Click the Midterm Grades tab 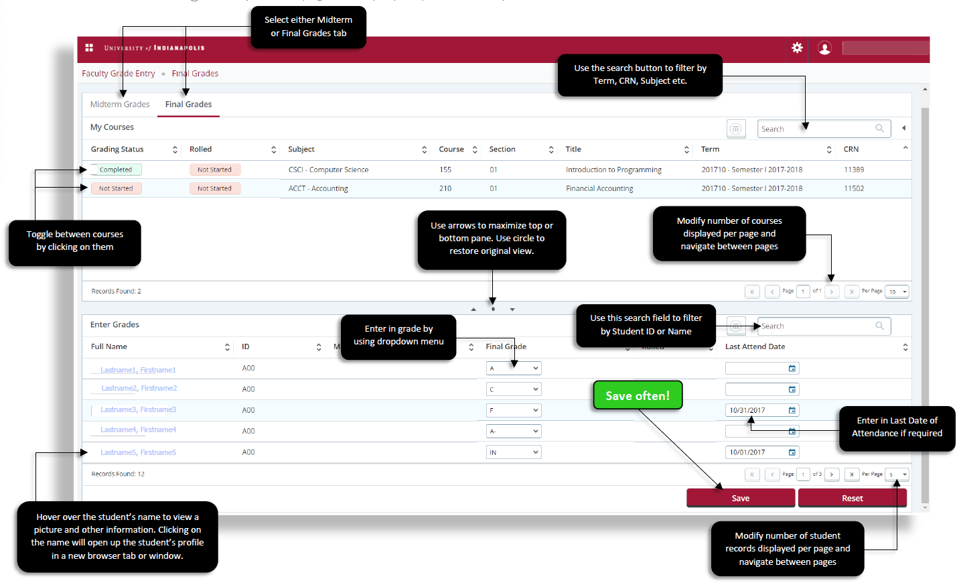point(120,105)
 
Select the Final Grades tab point(188,105)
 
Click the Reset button point(852,498)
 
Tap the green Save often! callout point(637,395)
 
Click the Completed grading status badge point(115,170)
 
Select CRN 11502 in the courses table point(854,188)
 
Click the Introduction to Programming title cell point(613,170)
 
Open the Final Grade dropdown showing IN point(513,452)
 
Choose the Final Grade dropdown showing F point(513,410)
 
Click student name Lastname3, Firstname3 point(138,409)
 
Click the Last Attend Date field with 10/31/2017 point(757,410)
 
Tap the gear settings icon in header point(797,48)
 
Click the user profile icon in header point(824,48)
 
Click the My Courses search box point(817,129)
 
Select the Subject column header point(301,149)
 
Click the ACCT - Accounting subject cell point(318,188)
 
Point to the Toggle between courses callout point(74,241)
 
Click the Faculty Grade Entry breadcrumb point(119,74)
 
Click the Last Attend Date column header point(755,346)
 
